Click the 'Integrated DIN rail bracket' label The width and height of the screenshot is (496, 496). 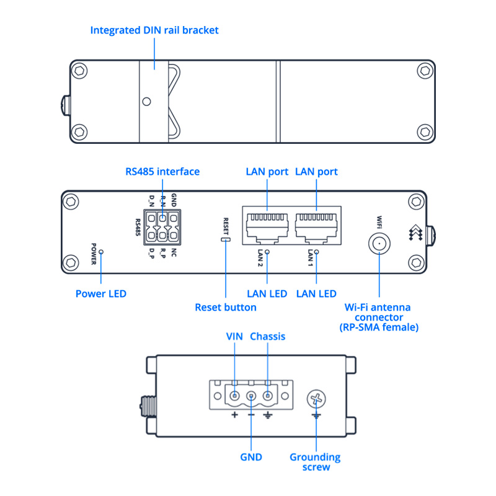pyautogui.click(x=154, y=30)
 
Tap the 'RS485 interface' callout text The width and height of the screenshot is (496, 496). pyautogui.click(x=162, y=171)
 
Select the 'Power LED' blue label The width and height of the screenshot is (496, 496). pyautogui.click(x=100, y=293)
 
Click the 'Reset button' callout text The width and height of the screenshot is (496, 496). pyautogui.click(x=226, y=307)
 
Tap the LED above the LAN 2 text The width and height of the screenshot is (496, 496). pyautogui.click(x=267, y=252)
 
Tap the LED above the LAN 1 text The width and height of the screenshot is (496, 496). pyautogui.click(x=317, y=252)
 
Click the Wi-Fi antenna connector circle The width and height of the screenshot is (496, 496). pyautogui.click(x=378, y=244)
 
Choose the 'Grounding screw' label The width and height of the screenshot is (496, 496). pyautogui.click(x=315, y=462)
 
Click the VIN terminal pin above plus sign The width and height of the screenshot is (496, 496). pyautogui.click(x=235, y=396)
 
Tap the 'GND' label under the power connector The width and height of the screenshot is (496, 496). pyautogui.click(x=251, y=457)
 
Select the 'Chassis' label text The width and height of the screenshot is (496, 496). pyautogui.click(x=267, y=336)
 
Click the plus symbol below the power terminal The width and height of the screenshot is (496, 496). pyautogui.click(x=235, y=414)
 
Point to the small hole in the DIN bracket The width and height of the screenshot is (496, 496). pyautogui.click(x=146, y=101)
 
